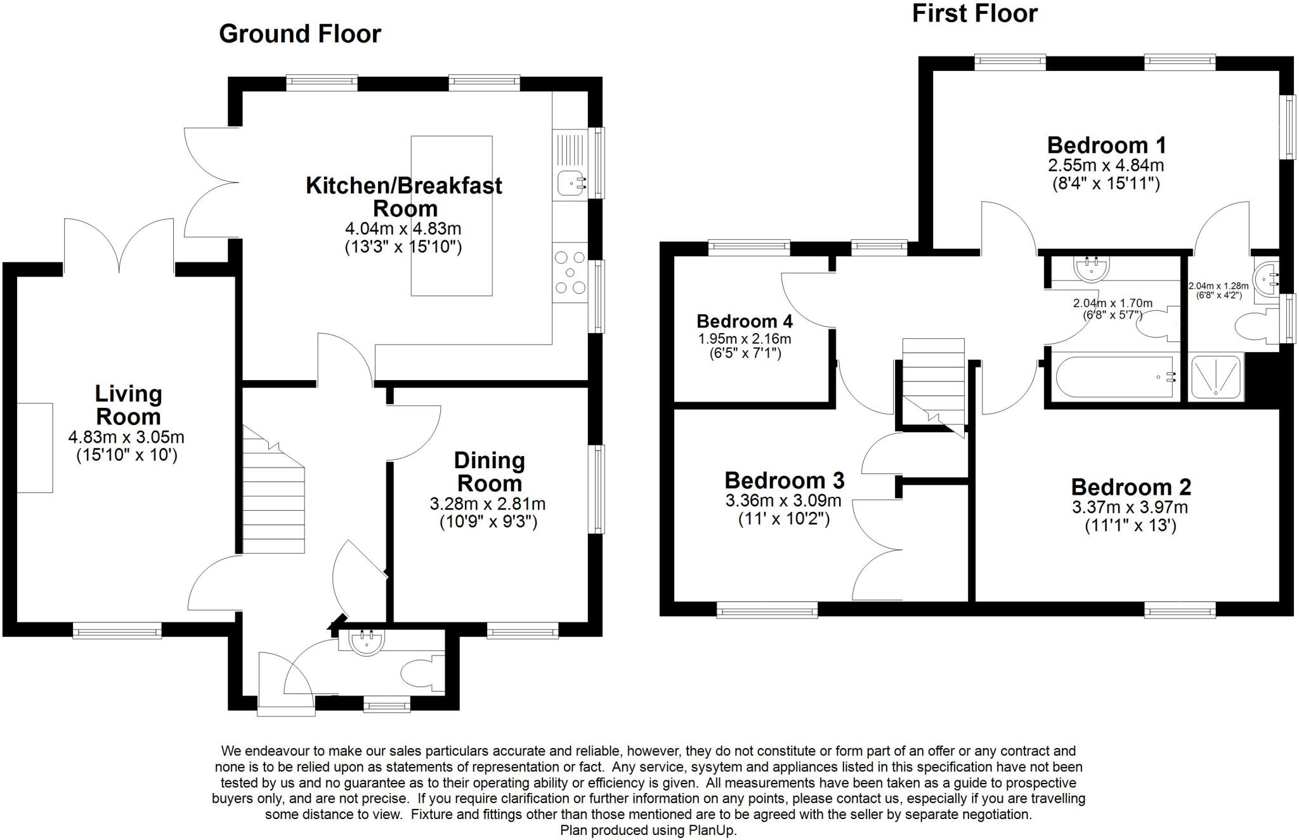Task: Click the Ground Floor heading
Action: click(299, 34)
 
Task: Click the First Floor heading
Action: click(974, 13)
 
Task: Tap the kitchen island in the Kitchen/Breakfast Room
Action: click(452, 216)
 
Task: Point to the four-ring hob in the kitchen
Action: click(570, 273)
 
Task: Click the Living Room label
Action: click(128, 405)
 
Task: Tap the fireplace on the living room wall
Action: click(34, 447)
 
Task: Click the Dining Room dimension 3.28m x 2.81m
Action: click(487, 504)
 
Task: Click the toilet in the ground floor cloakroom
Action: click(419, 673)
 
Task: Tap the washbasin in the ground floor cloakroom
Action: click(366, 642)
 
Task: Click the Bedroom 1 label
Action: click(1106, 145)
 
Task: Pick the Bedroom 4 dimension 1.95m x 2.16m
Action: click(744, 339)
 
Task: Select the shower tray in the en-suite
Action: click(1215, 377)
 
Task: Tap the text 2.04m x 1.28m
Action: click(1218, 286)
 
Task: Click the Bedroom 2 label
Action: click(1131, 487)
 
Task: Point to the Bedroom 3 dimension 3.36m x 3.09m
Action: click(783, 501)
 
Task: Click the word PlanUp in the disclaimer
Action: click(712, 830)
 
